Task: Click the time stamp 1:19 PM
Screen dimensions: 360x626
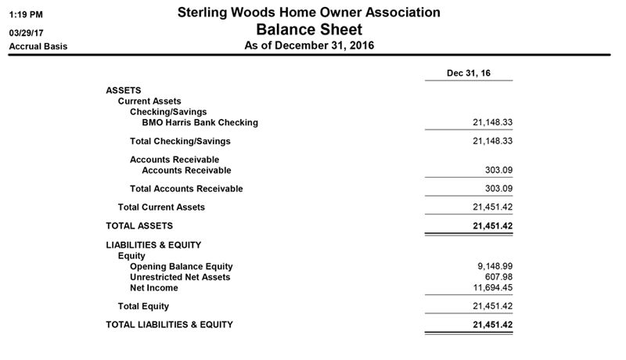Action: pyautogui.click(x=25, y=14)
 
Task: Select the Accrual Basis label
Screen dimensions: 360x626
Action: pyautogui.click(x=38, y=46)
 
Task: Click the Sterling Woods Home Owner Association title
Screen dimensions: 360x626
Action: pyautogui.click(x=308, y=13)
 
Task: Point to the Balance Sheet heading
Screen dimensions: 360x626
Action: pyautogui.click(x=309, y=30)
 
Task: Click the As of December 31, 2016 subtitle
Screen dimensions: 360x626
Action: pyautogui.click(x=309, y=46)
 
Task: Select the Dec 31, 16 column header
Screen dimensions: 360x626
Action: pyautogui.click(x=469, y=74)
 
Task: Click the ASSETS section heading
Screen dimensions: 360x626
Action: pyautogui.click(x=124, y=91)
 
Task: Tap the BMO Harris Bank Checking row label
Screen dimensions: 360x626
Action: pyautogui.click(x=200, y=123)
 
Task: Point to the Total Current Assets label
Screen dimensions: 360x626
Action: pyautogui.click(x=161, y=207)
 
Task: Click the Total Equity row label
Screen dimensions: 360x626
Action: pyautogui.click(x=143, y=306)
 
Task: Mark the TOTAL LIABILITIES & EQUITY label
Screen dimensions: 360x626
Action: pyautogui.click(x=169, y=324)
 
